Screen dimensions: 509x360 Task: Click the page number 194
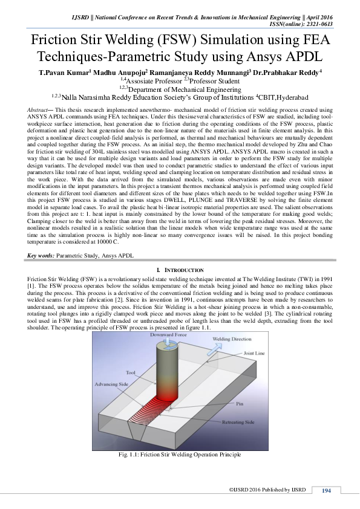(x=326, y=490)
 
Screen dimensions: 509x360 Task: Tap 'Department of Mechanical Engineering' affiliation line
(x=180, y=89)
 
